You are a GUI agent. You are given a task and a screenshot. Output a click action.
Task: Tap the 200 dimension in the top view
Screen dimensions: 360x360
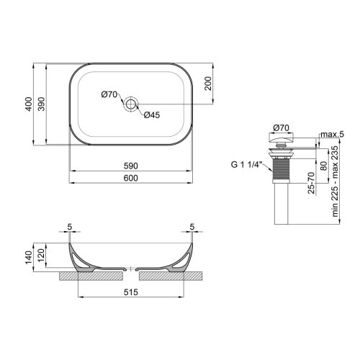coord(207,84)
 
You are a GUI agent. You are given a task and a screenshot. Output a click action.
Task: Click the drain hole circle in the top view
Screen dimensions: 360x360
coord(130,105)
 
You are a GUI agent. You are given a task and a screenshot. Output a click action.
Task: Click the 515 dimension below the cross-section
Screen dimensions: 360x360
coord(130,294)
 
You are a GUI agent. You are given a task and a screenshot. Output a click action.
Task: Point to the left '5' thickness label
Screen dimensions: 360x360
coord(68,227)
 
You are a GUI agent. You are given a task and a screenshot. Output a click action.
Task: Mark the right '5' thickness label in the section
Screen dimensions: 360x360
coord(193,227)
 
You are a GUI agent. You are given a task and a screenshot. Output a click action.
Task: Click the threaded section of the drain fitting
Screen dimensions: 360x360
coord(282,172)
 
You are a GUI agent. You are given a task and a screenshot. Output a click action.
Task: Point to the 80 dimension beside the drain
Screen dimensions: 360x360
coord(323,163)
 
